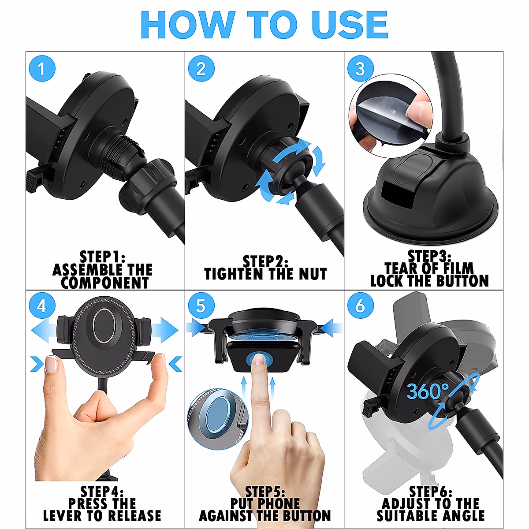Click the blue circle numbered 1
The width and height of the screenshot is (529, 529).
point(42,69)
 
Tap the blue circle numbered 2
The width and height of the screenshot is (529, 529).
point(201,69)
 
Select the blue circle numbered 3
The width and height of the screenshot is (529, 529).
point(360,69)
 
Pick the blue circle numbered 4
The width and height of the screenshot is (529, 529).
point(42,306)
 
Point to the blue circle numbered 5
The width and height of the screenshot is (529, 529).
point(201,306)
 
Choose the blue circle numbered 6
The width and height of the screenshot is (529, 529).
point(360,306)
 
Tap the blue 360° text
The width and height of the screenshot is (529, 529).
point(427,391)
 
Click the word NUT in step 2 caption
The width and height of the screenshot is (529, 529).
point(313,274)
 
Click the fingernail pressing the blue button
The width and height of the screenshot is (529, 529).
point(259,360)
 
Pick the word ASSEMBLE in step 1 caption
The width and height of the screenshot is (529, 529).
point(84,269)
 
